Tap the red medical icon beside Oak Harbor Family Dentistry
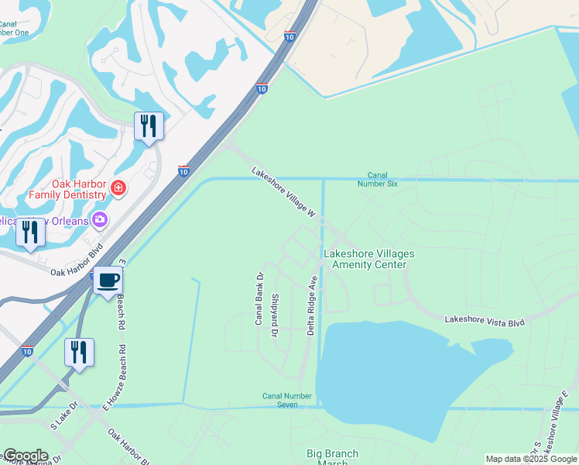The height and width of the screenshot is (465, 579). [x=118, y=188]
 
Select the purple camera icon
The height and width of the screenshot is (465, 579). [x=99, y=220]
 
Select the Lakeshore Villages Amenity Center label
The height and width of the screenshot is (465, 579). [x=368, y=259]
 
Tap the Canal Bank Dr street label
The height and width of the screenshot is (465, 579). [x=261, y=298]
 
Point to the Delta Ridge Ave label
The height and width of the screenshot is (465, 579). [x=313, y=304]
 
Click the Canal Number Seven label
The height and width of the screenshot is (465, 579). [x=286, y=400]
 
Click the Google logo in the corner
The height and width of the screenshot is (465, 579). [x=25, y=456]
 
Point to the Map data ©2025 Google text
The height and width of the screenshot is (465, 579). [x=531, y=459]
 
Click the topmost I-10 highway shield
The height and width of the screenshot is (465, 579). [x=289, y=36]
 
